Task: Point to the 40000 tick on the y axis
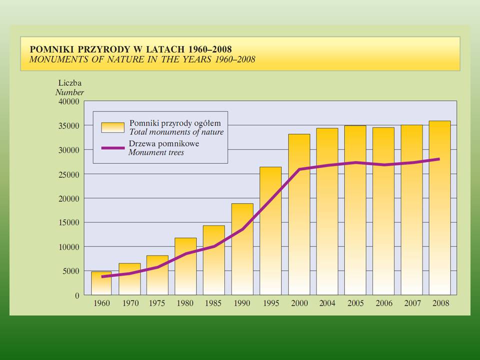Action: pyautogui.click(x=69, y=101)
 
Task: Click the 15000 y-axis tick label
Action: pyautogui.click(x=69, y=222)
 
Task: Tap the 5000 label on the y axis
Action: pyautogui.click(x=71, y=271)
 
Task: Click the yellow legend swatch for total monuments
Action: pyautogui.click(x=112, y=127)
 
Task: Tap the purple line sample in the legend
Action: pyautogui.click(x=112, y=148)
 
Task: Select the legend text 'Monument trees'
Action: pyautogui.click(x=156, y=152)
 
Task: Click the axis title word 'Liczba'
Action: pyautogui.click(x=69, y=83)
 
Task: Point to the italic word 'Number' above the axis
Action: pyautogui.click(x=69, y=92)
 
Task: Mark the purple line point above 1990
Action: pyautogui.click(x=242, y=229)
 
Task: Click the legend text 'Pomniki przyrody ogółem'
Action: pyautogui.click(x=175, y=123)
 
